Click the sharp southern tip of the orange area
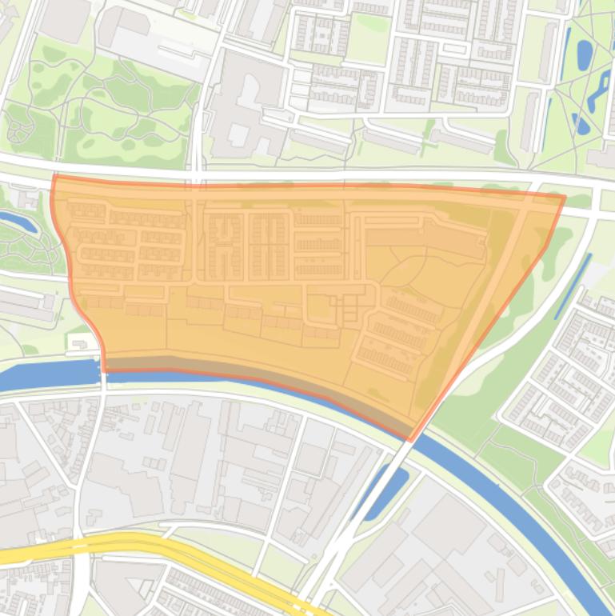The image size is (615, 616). tap(410, 439)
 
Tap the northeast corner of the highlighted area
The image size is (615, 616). tap(564, 196)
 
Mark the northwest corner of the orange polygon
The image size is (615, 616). tap(54, 177)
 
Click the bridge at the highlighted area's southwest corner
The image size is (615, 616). tap(103, 372)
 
